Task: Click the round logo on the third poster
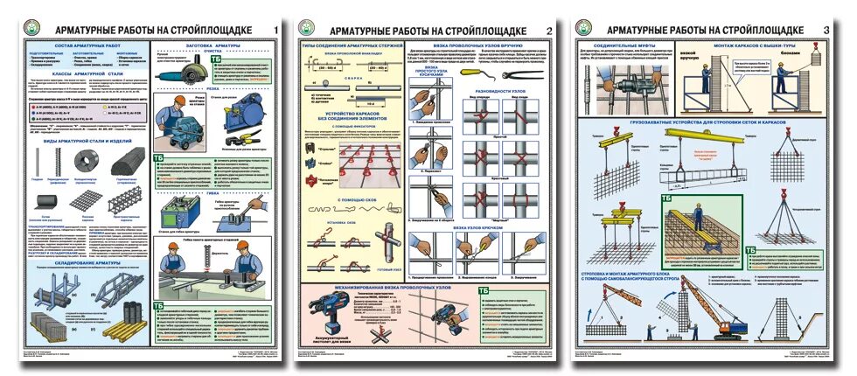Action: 585,29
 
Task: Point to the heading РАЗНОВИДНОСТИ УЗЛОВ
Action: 501,90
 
